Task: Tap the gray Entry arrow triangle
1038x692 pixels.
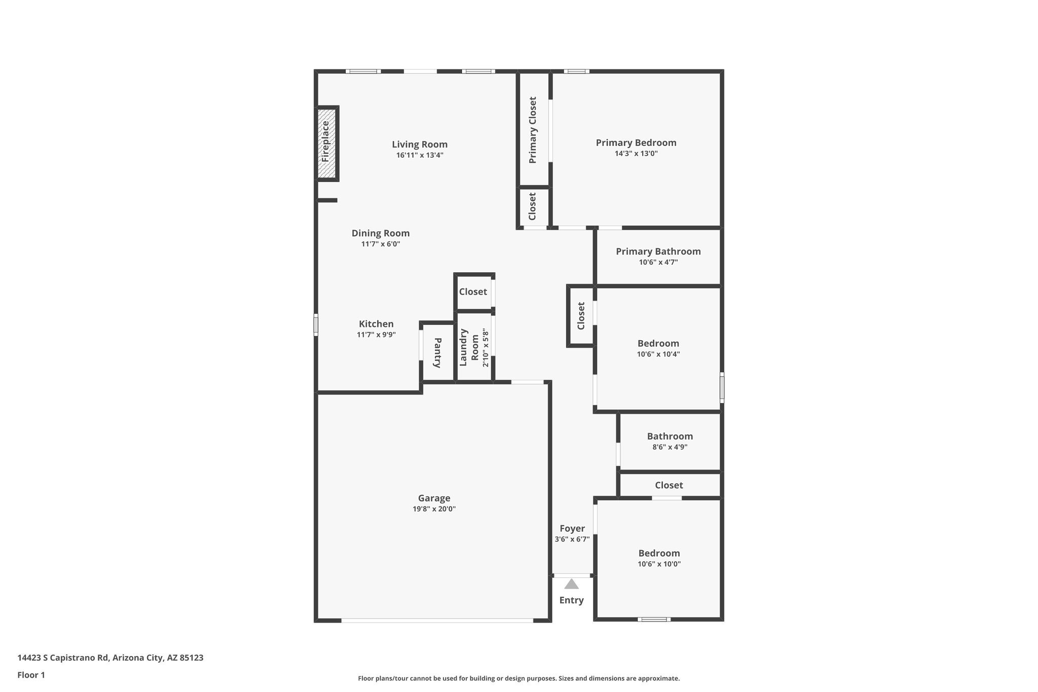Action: pyautogui.click(x=571, y=584)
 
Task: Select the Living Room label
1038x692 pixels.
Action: pyautogui.click(x=420, y=144)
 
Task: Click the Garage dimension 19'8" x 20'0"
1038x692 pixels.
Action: pyautogui.click(x=434, y=509)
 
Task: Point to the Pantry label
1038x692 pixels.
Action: pyautogui.click(x=437, y=352)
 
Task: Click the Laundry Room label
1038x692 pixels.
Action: pyautogui.click(x=469, y=347)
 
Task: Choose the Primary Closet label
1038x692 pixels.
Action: pyautogui.click(x=533, y=130)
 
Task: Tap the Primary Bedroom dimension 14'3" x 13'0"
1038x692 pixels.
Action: pyautogui.click(x=636, y=154)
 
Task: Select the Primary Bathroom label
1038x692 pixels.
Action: pyautogui.click(x=658, y=251)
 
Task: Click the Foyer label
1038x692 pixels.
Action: pyautogui.click(x=572, y=528)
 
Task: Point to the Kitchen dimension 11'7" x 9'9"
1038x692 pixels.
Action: pyautogui.click(x=376, y=335)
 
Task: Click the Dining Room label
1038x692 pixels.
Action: pyautogui.click(x=381, y=233)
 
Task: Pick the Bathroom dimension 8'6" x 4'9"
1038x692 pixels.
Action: pyautogui.click(x=670, y=447)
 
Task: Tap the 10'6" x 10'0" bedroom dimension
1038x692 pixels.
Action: pyautogui.click(x=659, y=564)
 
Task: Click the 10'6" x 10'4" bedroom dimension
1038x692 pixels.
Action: pyautogui.click(x=658, y=354)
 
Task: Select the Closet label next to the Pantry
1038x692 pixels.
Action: pyautogui.click(x=473, y=292)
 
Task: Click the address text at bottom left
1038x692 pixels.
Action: pyautogui.click(x=110, y=658)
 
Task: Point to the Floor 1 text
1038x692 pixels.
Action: pyautogui.click(x=31, y=675)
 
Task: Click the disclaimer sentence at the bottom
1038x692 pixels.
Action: pyautogui.click(x=518, y=678)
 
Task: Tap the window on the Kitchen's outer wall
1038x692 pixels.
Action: pyautogui.click(x=316, y=325)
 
